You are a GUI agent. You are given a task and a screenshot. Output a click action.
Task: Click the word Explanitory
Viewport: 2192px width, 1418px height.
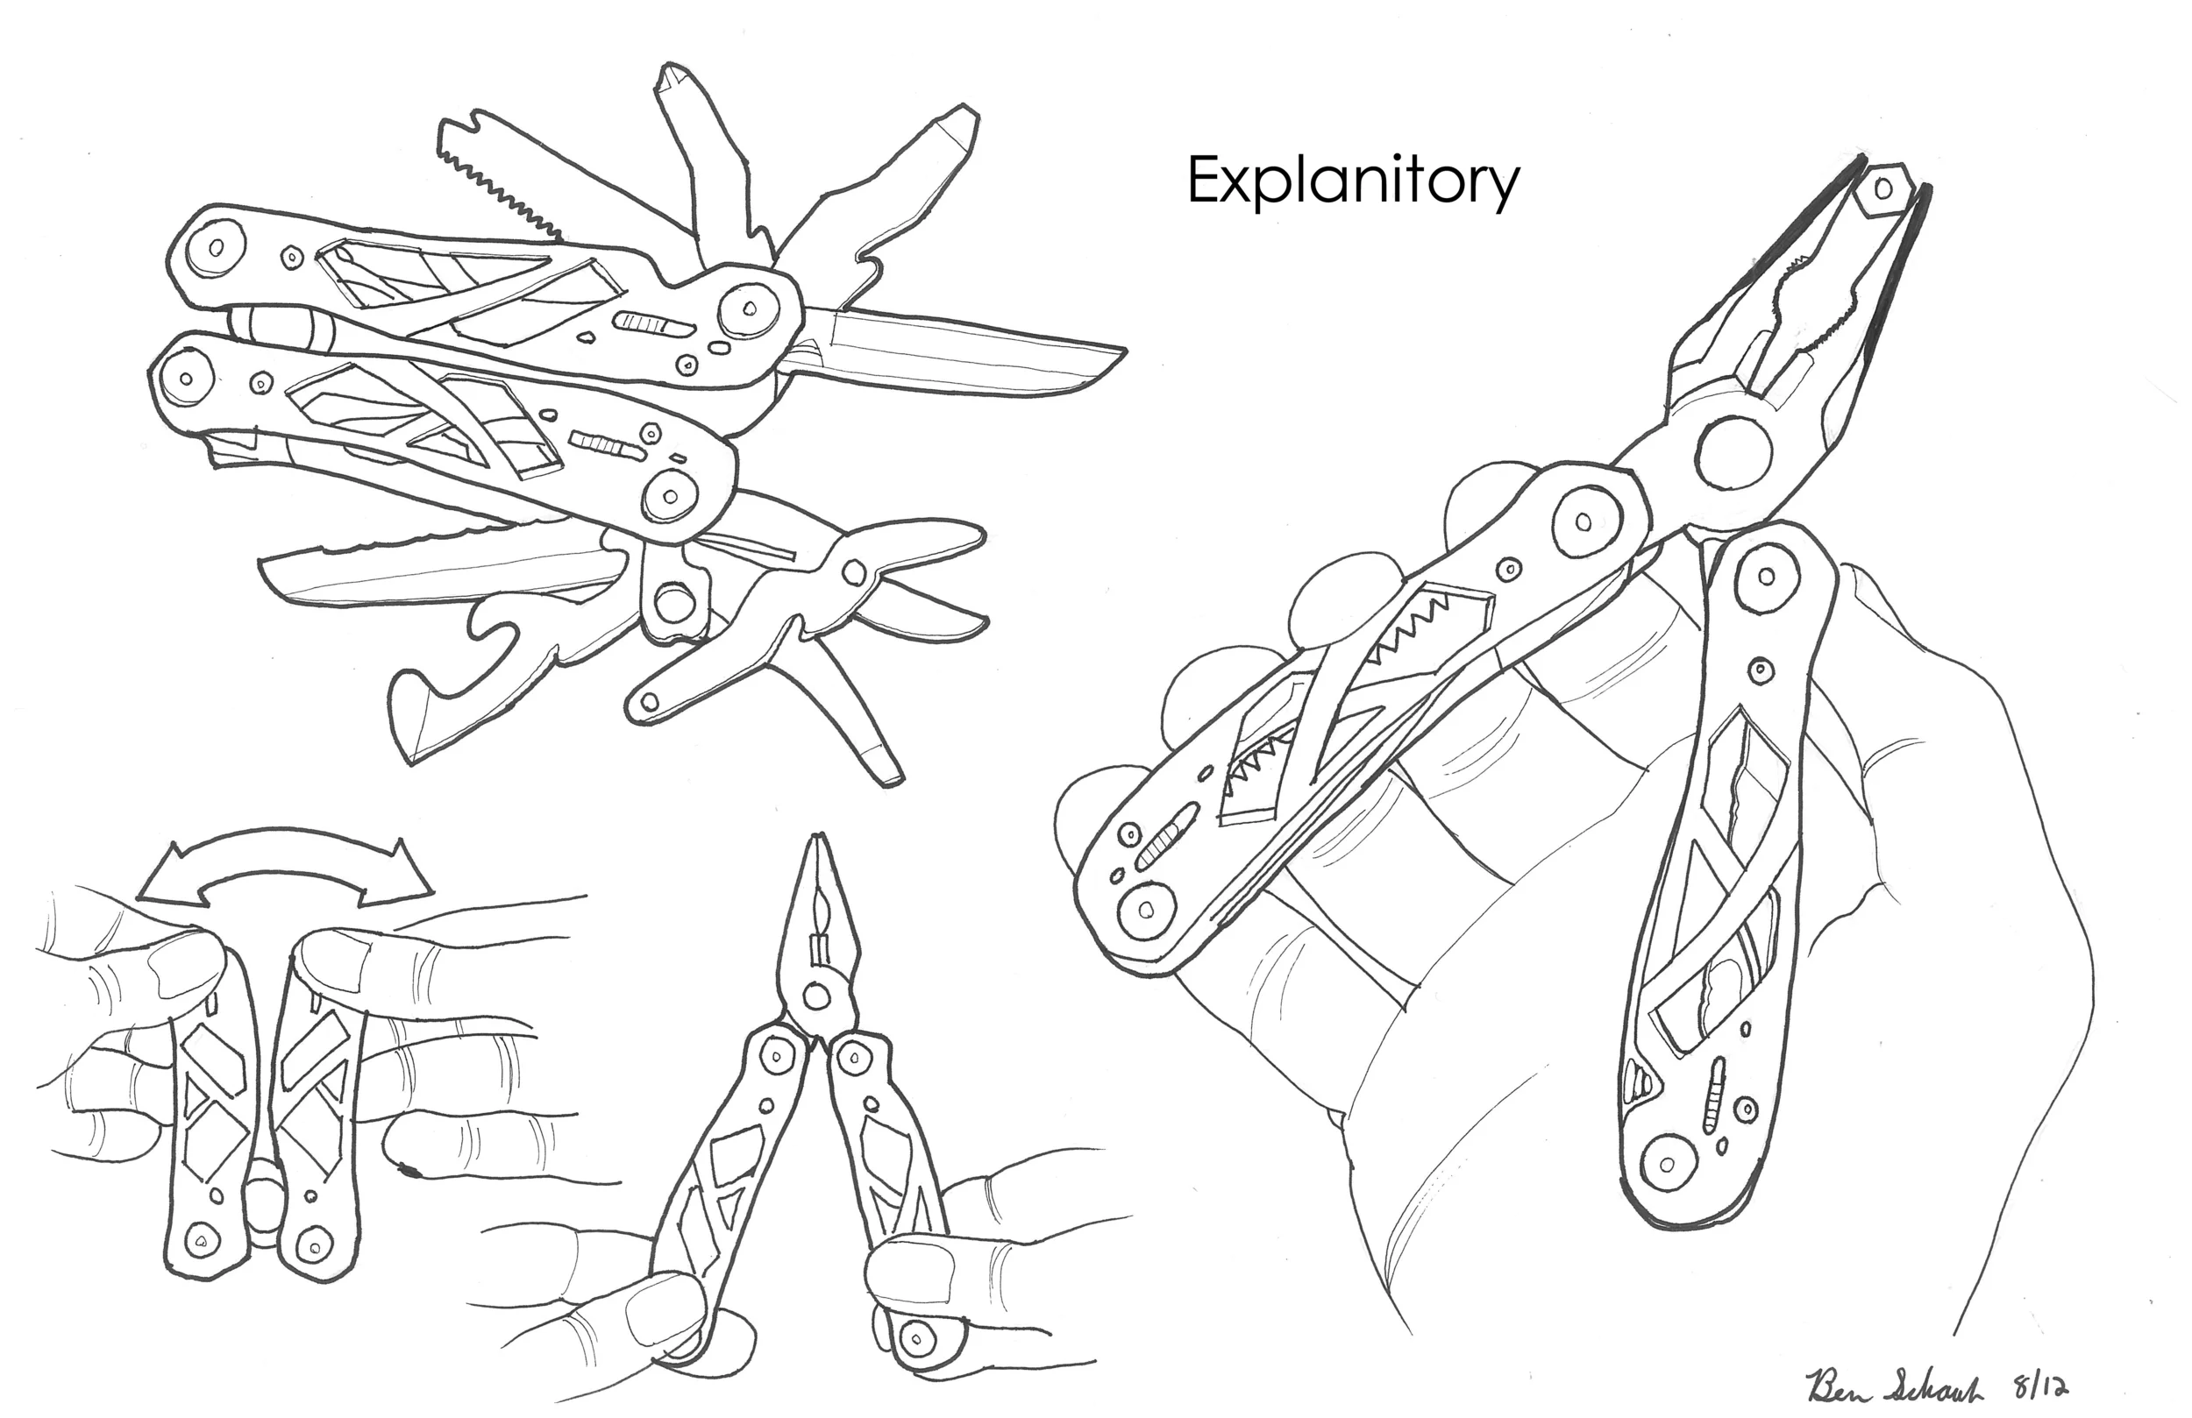1352,182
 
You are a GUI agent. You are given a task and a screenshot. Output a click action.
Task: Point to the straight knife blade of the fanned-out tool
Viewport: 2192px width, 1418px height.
967,354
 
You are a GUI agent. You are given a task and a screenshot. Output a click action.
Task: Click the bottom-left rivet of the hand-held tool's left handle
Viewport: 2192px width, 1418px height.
1146,911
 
